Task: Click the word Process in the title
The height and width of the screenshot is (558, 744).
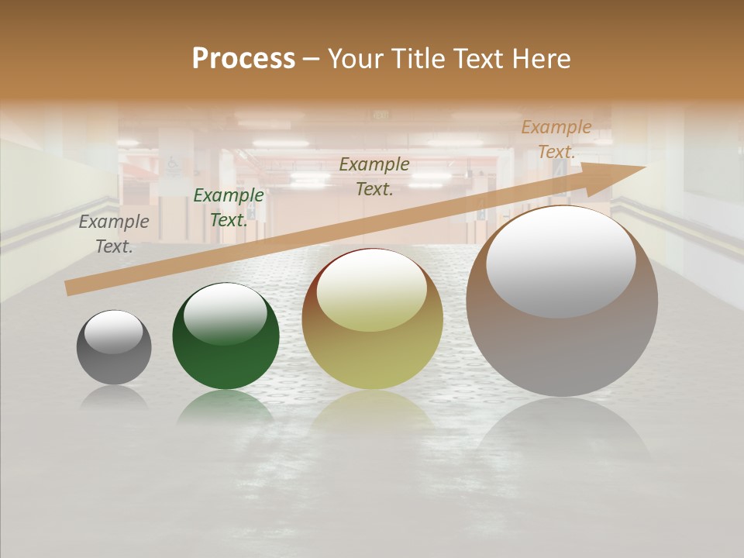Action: coord(243,59)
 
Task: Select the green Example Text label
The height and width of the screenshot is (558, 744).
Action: coord(228,208)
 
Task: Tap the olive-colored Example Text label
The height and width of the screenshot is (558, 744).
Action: coord(374,177)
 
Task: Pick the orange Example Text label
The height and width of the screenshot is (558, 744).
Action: coord(556,139)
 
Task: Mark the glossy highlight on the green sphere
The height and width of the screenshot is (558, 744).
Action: coord(226,314)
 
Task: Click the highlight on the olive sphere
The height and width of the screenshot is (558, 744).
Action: coord(372,291)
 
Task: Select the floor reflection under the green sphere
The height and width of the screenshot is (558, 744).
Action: coord(226,406)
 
